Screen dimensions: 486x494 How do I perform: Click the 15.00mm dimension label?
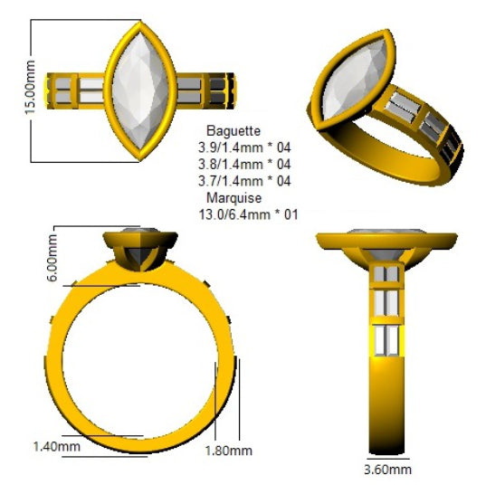click(30, 87)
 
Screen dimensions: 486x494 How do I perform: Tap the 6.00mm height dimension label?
click(52, 257)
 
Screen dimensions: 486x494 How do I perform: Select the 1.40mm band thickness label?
click(57, 446)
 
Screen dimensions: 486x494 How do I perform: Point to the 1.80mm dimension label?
click(229, 451)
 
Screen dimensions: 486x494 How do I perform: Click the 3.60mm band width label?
click(388, 470)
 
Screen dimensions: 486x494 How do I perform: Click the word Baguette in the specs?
click(233, 131)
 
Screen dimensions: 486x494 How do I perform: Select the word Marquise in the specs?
click(234, 198)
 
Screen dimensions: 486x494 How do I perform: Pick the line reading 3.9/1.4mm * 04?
click(244, 147)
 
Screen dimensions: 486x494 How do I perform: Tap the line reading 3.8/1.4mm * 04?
click(244, 164)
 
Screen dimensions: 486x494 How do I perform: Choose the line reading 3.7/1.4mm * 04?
click(244, 181)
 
